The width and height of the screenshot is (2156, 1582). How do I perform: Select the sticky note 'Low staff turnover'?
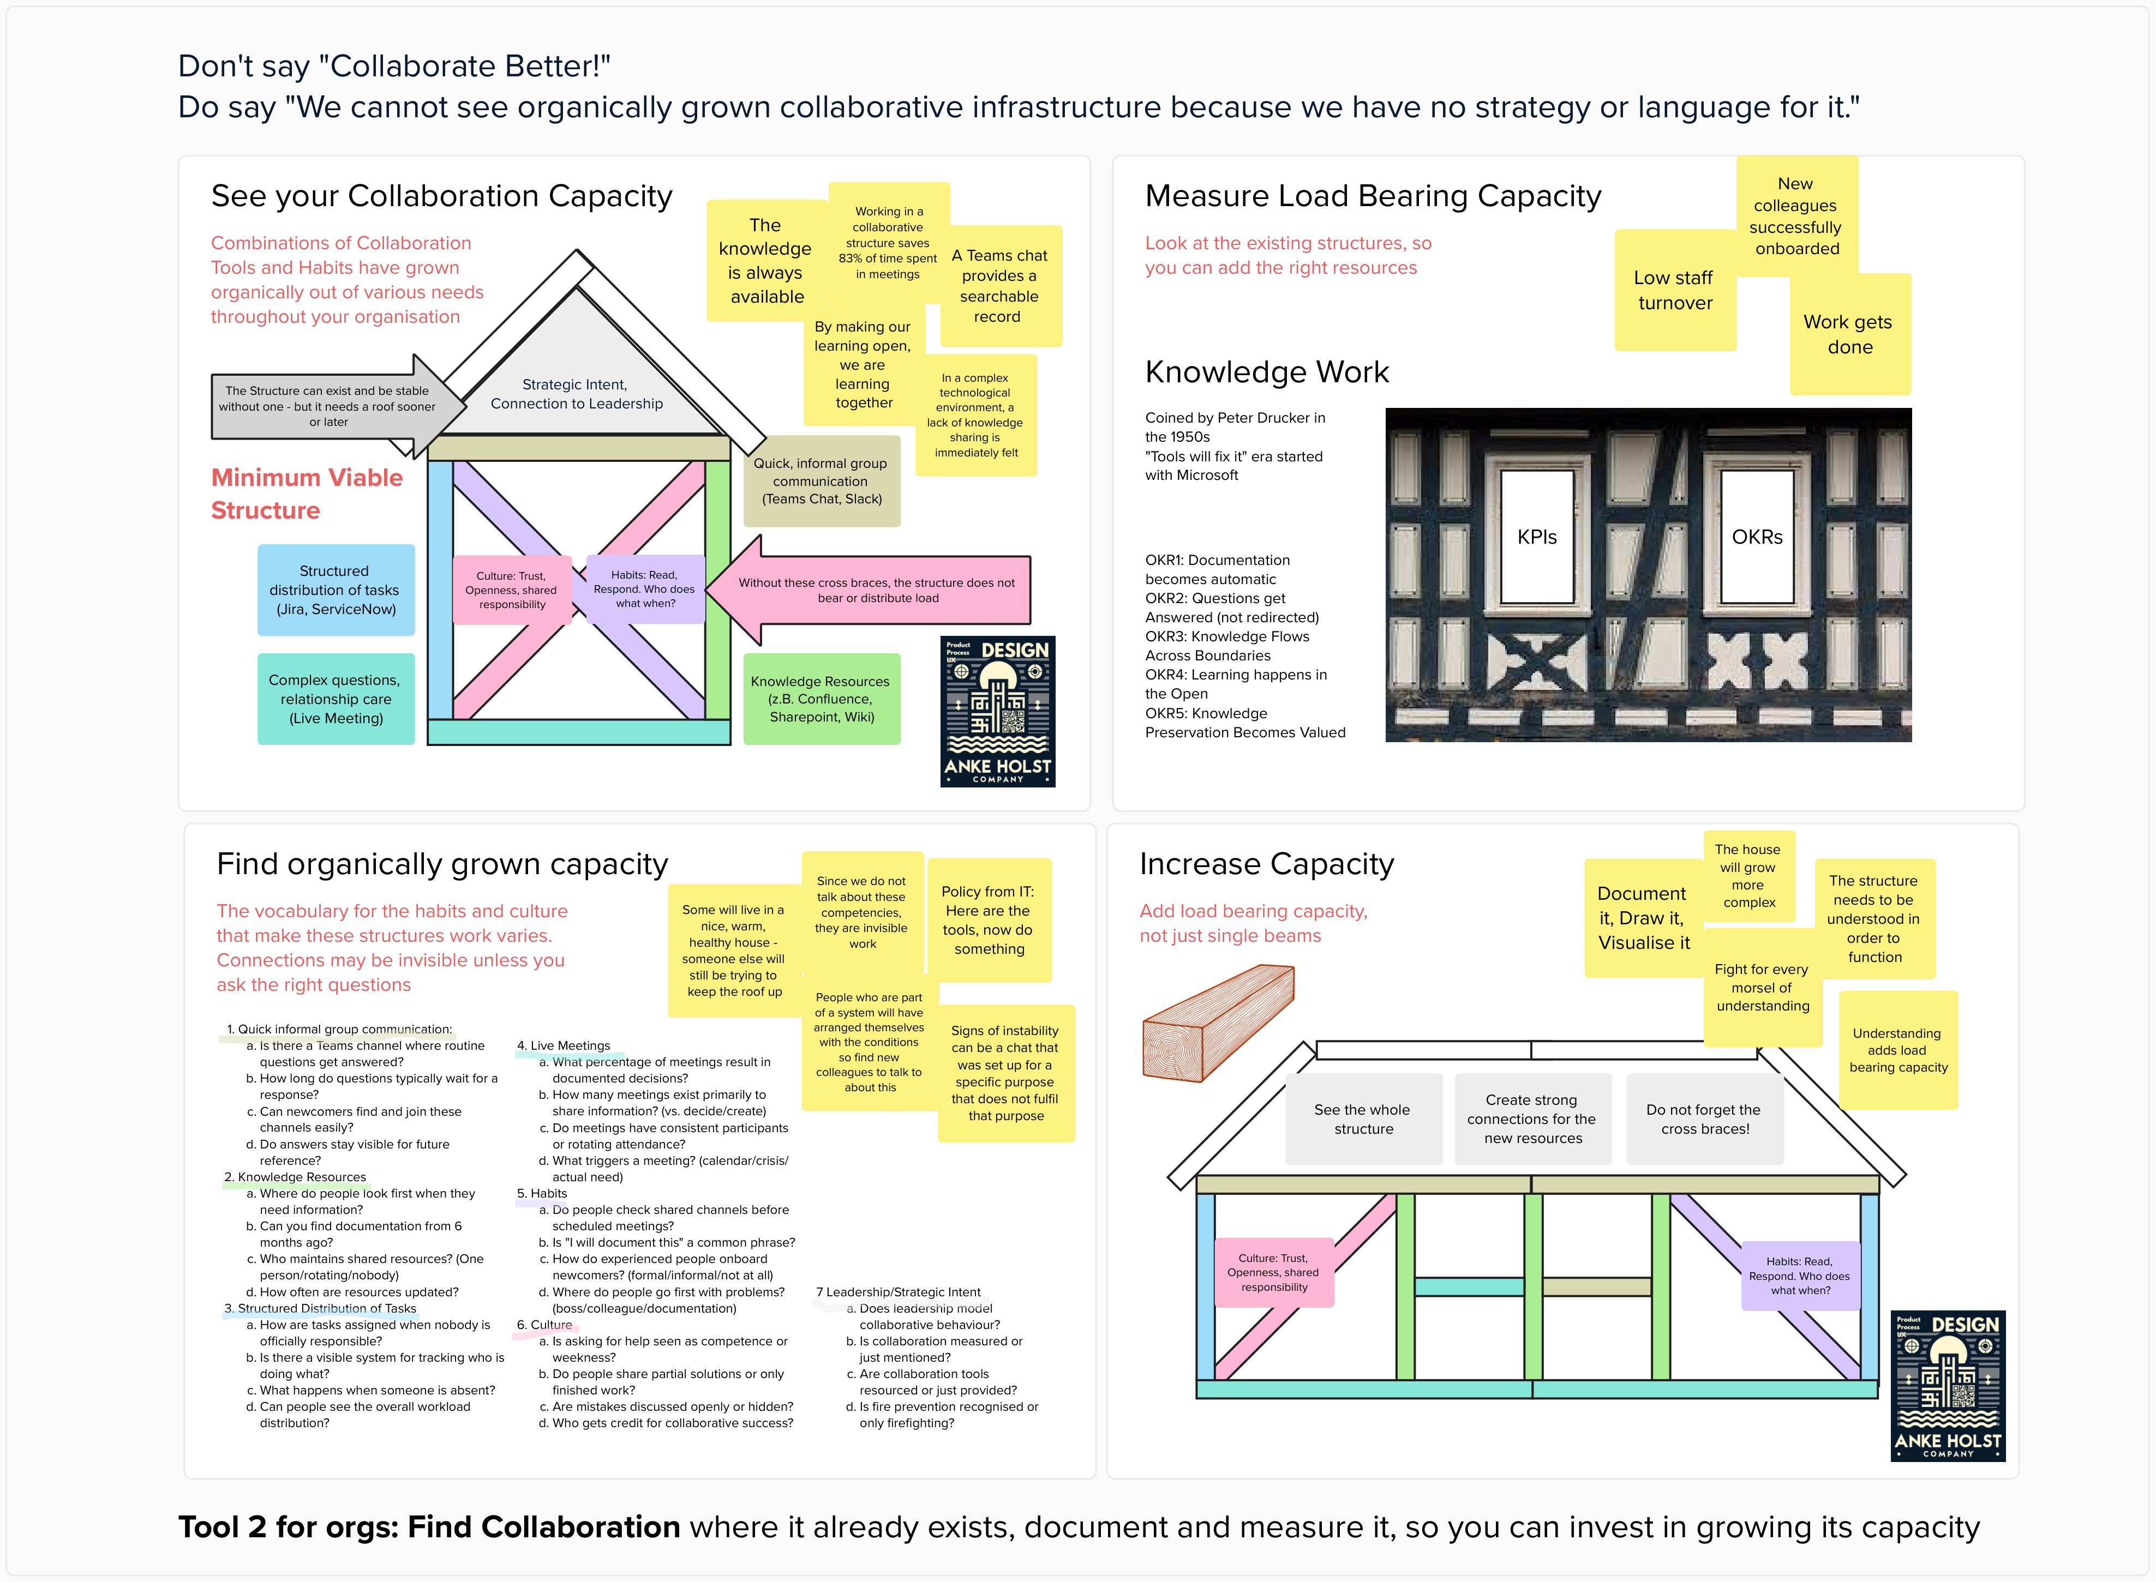pos(1674,290)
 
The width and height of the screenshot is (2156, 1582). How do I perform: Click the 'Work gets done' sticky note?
pos(1848,334)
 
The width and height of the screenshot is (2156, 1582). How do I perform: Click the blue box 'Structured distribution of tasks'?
pos(335,590)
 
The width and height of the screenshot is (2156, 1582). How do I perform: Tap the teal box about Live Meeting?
pos(335,699)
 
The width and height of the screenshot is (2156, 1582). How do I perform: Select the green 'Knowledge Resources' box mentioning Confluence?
pos(821,699)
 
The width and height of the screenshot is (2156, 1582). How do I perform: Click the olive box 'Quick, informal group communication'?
pos(821,481)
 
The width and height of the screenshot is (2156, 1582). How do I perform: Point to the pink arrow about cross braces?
pos(876,590)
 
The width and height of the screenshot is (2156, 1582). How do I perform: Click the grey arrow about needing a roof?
pos(326,406)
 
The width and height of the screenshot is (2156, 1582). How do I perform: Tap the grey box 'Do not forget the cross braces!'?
pos(1704,1118)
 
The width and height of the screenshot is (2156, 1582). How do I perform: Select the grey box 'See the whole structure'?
pos(1363,1118)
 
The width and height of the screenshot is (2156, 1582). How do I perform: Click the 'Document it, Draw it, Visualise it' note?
pos(1643,917)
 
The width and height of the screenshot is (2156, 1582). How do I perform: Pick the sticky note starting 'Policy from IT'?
pos(989,919)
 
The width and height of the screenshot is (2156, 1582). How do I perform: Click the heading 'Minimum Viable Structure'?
pos(307,493)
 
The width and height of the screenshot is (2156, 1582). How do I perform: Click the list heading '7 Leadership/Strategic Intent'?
pos(899,1292)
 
